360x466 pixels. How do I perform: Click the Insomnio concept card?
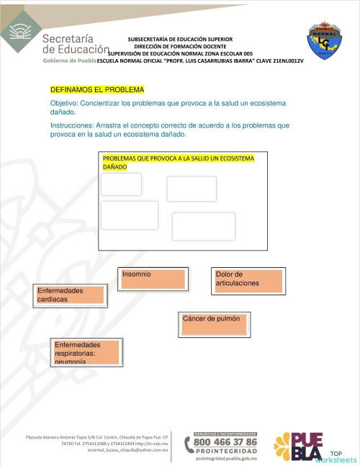(152, 278)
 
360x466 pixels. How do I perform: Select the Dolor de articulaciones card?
(248, 279)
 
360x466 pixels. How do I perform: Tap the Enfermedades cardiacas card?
(71, 295)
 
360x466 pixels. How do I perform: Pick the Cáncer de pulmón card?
(215, 323)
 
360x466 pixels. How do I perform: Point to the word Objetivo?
(68, 104)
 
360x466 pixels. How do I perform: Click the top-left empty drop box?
(121, 184)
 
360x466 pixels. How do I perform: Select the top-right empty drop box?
(192, 189)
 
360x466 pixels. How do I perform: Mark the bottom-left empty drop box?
(130, 215)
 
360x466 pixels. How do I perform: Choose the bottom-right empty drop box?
(204, 226)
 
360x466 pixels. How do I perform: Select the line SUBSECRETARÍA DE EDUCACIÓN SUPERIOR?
(180, 39)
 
